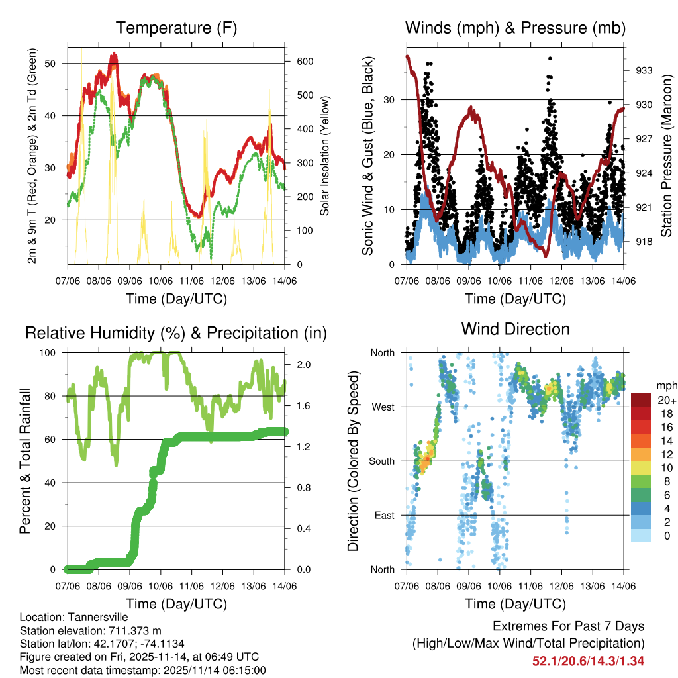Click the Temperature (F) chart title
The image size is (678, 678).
pos(176,28)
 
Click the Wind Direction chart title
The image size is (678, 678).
pos(515,329)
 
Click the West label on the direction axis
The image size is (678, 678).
pos(383,407)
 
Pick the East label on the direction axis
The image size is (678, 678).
pos(385,515)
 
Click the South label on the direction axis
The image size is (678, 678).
pos(383,461)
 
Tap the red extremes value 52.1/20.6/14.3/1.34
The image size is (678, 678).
pos(588,661)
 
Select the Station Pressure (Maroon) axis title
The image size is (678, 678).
pos(667,154)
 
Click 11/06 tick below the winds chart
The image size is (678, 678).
pos(530,281)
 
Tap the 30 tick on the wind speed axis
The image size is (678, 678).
pos(391,100)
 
